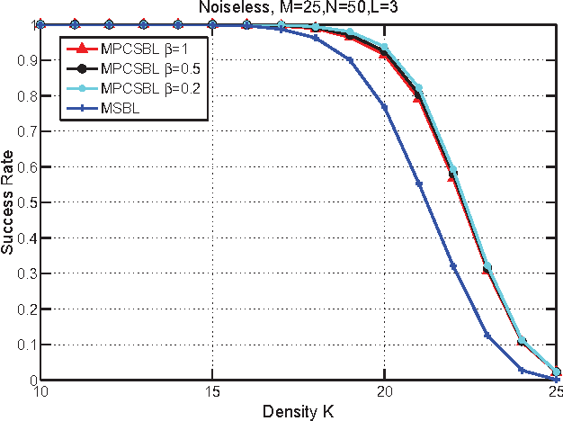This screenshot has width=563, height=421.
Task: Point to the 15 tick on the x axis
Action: pos(211,392)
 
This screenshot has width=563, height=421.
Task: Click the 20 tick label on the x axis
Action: pos(384,392)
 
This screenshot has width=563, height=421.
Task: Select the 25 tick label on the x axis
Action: pos(555,392)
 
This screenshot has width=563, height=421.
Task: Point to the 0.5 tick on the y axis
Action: pos(22,202)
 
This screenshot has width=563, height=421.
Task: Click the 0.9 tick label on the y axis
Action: pos(22,60)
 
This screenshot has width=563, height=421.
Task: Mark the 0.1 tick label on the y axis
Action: pos(22,345)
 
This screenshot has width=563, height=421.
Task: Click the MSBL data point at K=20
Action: pos(384,107)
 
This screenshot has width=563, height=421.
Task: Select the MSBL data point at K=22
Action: pos(453,266)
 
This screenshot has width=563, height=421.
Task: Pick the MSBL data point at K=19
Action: pos(350,60)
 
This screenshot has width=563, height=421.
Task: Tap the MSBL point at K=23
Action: pos(487,336)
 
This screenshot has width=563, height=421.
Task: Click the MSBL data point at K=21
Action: pos(419,184)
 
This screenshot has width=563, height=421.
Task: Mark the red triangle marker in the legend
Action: pos(83,48)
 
